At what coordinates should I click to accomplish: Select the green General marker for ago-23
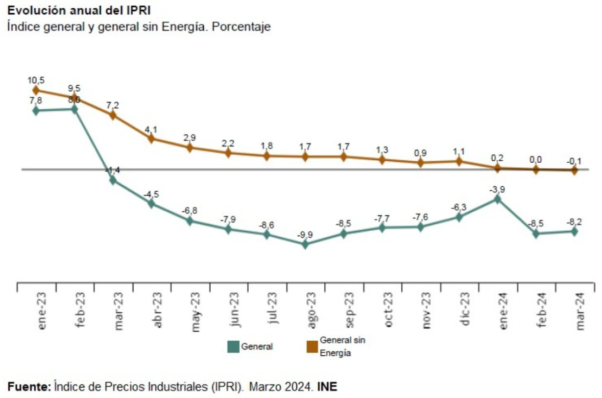tap(305, 244)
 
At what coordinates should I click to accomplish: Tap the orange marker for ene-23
tap(36, 90)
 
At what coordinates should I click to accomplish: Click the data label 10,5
tap(36, 79)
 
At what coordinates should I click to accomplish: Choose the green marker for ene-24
tap(498, 199)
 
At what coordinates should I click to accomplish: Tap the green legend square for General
tap(234, 347)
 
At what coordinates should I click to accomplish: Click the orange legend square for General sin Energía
tap(312, 347)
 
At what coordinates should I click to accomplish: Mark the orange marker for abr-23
tap(151, 138)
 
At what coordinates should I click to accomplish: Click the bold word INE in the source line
tap(328, 387)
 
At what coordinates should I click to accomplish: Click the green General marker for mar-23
tap(113, 180)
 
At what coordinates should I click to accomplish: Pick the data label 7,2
tap(113, 104)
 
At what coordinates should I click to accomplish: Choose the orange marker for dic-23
tap(459, 161)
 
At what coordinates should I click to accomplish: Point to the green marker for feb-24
tap(536, 233)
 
